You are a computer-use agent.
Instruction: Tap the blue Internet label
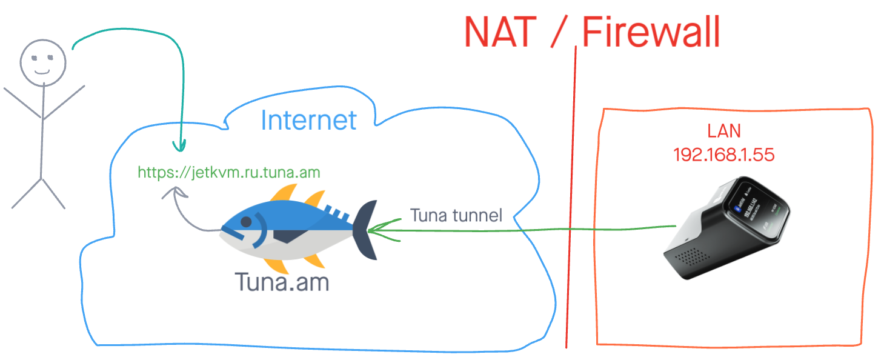point(308,119)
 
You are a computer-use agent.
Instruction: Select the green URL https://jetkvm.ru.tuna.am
point(228,173)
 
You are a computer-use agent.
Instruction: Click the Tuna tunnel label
point(456,215)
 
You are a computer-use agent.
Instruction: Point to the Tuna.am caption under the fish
point(282,281)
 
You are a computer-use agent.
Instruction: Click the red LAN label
point(724,131)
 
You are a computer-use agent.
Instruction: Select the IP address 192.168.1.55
point(724,155)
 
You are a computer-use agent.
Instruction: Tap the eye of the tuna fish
point(245,222)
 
